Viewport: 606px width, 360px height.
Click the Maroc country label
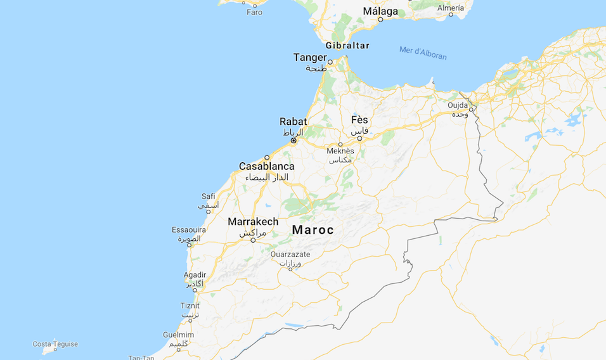tap(313, 230)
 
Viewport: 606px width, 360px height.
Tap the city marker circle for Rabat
tap(293, 141)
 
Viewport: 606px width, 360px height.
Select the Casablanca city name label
tap(266, 167)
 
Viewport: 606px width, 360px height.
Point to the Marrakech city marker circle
tap(253, 240)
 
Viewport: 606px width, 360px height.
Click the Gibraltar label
tap(347, 46)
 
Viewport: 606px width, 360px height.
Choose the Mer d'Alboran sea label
tap(423, 53)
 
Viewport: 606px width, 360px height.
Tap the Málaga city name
tap(380, 11)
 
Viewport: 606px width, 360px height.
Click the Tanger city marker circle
tap(330, 62)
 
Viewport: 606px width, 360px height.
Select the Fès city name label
tap(359, 120)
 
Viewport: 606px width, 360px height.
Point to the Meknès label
tap(340, 151)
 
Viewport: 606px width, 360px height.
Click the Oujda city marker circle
tap(471, 109)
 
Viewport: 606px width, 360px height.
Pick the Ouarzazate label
tap(290, 254)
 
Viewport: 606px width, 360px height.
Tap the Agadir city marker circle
tap(195, 290)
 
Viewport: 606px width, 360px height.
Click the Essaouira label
tap(188, 230)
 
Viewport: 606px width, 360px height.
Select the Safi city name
tap(208, 196)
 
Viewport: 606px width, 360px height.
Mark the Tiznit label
tap(190, 305)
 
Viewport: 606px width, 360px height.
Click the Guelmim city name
tap(178, 335)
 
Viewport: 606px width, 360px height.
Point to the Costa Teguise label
tap(56, 344)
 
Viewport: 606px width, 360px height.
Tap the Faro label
tap(254, 12)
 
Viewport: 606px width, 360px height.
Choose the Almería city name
tap(451, 8)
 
